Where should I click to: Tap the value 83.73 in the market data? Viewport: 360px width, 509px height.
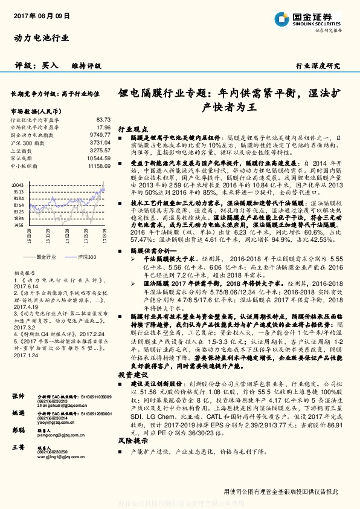coord(103,120)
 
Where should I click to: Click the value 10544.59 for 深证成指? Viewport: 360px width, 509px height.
coord(99,158)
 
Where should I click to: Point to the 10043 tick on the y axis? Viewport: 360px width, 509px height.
coord(17,185)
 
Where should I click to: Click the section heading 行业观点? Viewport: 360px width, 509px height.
coord(132,129)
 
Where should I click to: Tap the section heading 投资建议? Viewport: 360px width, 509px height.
coord(132,376)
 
